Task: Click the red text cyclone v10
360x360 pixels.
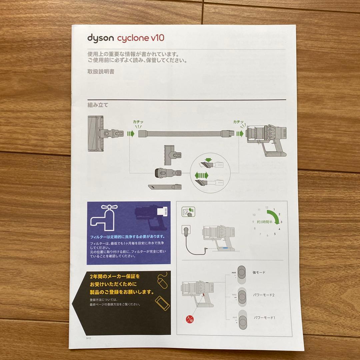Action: pos(140,37)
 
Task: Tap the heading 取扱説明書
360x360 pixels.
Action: pos(101,71)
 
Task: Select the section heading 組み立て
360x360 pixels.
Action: pos(98,104)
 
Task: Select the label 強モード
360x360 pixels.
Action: pos(259,272)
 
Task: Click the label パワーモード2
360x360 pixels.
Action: pos(264,295)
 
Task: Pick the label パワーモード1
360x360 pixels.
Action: pos(264,318)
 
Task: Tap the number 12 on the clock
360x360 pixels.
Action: pos(267,207)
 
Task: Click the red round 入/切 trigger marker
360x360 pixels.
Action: pos(190,319)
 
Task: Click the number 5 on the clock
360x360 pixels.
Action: pos(275,234)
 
